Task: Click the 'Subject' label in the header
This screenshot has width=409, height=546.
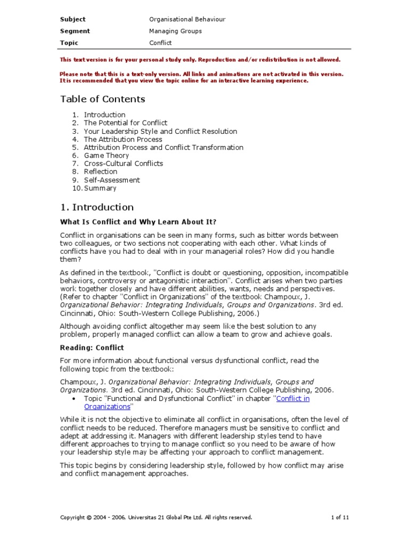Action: (72, 19)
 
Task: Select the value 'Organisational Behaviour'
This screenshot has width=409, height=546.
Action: (187, 19)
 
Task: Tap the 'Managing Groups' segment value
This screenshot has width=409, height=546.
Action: (176, 31)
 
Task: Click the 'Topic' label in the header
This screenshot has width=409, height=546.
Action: (69, 43)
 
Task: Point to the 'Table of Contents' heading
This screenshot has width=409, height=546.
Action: (102, 99)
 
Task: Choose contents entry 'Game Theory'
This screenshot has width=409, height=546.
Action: (107, 155)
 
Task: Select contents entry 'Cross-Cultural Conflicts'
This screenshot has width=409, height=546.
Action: (124, 164)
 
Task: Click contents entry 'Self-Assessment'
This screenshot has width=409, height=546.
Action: (112, 180)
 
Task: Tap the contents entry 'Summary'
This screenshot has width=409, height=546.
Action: (100, 188)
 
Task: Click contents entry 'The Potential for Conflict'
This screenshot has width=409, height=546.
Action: (126, 123)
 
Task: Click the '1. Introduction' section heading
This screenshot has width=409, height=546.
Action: (96, 207)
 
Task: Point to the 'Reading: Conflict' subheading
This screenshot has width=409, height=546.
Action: (92, 348)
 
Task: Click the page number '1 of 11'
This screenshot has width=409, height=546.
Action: (340, 517)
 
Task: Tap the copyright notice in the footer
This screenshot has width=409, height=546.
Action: (156, 517)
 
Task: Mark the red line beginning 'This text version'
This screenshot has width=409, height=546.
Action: (200, 60)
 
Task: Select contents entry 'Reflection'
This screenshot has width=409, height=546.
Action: (101, 172)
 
